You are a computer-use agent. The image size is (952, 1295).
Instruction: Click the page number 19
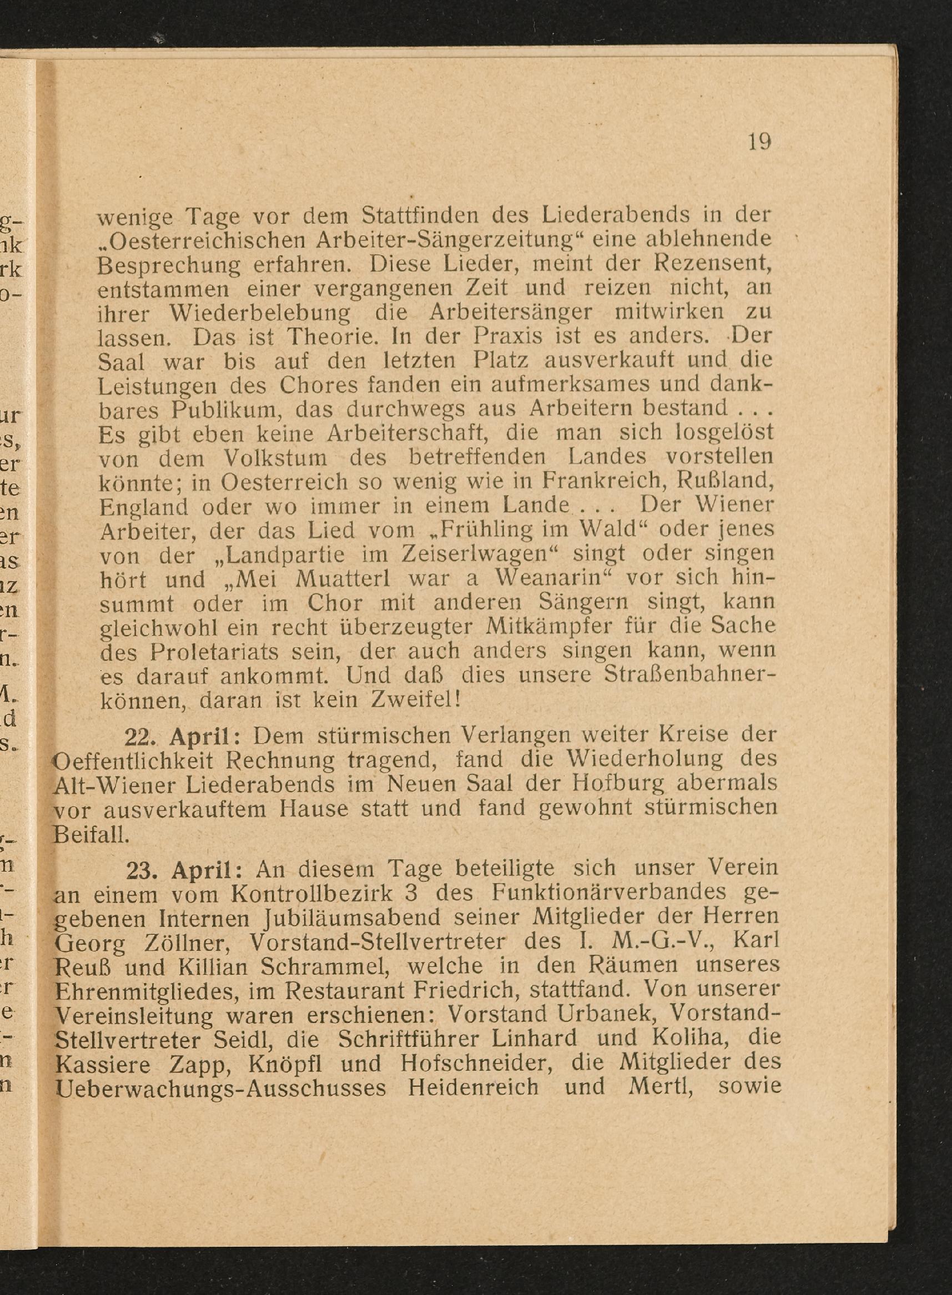coord(759,141)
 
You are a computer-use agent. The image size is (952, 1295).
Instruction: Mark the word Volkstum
coord(274,458)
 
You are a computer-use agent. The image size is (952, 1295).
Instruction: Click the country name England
coord(143,507)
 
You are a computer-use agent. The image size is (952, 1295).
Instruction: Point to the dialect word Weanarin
coord(547,578)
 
